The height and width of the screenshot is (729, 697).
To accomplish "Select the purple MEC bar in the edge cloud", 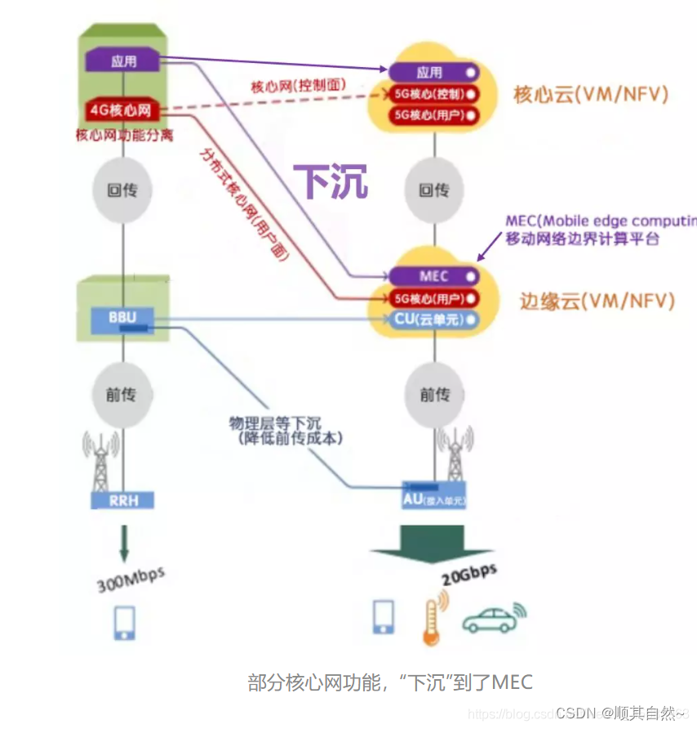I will (x=433, y=276).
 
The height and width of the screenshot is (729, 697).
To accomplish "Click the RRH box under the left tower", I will (x=122, y=499).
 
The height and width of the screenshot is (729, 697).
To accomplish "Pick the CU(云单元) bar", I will (x=433, y=320).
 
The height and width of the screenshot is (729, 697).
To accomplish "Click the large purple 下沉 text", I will (x=331, y=181).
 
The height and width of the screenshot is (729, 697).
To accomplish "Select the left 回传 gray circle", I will (x=122, y=190).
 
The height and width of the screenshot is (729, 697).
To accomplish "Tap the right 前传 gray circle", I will (x=433, y=396).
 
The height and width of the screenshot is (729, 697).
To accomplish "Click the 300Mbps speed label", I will (x=131, y=579).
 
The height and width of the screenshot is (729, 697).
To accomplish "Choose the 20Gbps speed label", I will (x=469, y=575).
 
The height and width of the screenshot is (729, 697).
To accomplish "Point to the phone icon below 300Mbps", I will (x=124, y=622).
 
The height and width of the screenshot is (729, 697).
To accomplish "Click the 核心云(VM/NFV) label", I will (x=590, y=94).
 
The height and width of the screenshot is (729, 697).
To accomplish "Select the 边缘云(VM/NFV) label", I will (x=597, y=301).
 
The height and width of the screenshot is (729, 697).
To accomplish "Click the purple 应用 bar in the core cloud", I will (x=433, y=73).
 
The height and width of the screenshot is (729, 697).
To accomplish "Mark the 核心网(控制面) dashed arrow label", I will (x=299, y=84).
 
